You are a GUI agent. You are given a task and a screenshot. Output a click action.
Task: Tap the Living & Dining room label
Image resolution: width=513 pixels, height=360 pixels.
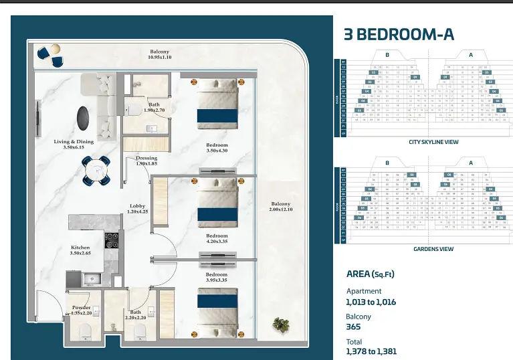(x=74, y=145)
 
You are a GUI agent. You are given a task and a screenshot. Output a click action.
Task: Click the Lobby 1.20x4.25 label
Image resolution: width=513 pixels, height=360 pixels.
(x=138, y=209)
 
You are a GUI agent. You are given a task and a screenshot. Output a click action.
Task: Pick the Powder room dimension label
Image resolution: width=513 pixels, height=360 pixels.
(x=81, y=310)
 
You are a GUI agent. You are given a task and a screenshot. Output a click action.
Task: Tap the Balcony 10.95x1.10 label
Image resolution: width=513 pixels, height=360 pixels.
(x=159, y=55)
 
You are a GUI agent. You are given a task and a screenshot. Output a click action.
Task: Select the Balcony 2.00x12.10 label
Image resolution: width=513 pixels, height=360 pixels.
(x=280, y=207)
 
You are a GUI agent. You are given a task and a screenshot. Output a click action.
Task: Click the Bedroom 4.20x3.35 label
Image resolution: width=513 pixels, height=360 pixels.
(x=217, y=240)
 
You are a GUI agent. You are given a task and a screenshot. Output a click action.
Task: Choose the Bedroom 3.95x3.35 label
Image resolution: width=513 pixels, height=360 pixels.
(x=217, y=278)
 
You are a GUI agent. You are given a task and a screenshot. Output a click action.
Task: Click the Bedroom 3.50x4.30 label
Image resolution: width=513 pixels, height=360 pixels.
(x=217, y=149)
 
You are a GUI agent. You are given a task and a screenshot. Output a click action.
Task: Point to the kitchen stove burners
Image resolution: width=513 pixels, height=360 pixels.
(x=111, y=239)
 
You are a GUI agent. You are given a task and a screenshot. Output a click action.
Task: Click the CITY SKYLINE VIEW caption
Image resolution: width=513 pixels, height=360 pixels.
(x=433, y=143)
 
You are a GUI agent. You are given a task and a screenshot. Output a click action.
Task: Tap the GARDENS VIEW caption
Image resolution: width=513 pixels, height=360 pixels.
(x=433, y=249)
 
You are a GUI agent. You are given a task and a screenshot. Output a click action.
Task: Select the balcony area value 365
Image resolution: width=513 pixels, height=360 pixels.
(x=353, y=327)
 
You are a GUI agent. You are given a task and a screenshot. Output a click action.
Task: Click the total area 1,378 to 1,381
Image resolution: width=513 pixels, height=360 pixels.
(x=371, y=351)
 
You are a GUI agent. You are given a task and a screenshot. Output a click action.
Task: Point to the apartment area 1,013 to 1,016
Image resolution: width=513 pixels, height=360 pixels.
(x=371, y=302)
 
